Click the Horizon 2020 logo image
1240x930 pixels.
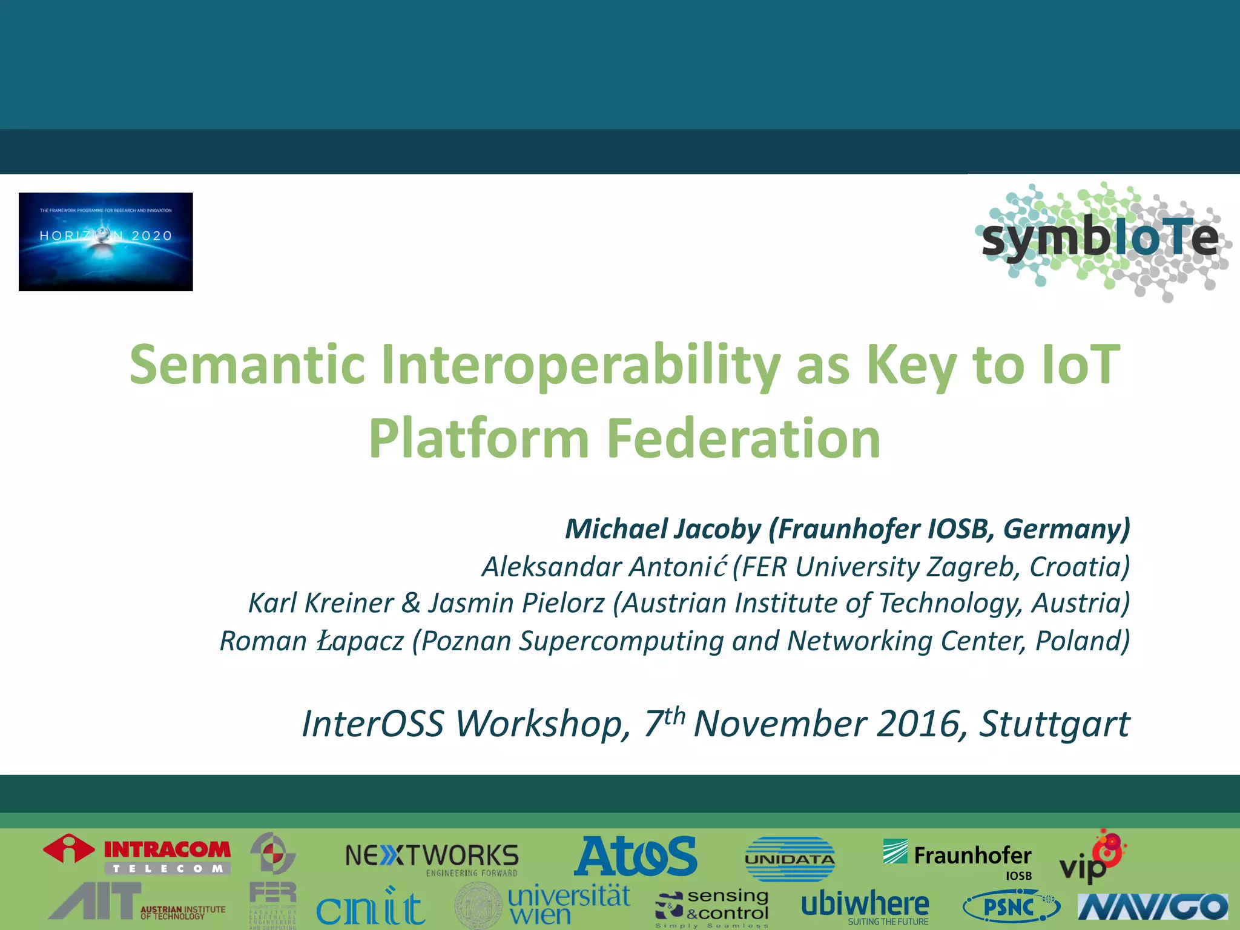click(x=106, y=242)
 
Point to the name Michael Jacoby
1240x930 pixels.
click(x=662, y=529)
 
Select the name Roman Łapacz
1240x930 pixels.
click(x=311, y=641)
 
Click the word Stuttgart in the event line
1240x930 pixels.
click(x=1054, y=724)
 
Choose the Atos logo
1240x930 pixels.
click(x=636, y=856)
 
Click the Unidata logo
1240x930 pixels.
click(x=790, y=859)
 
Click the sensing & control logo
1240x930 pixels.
click(x=713, y=906)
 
